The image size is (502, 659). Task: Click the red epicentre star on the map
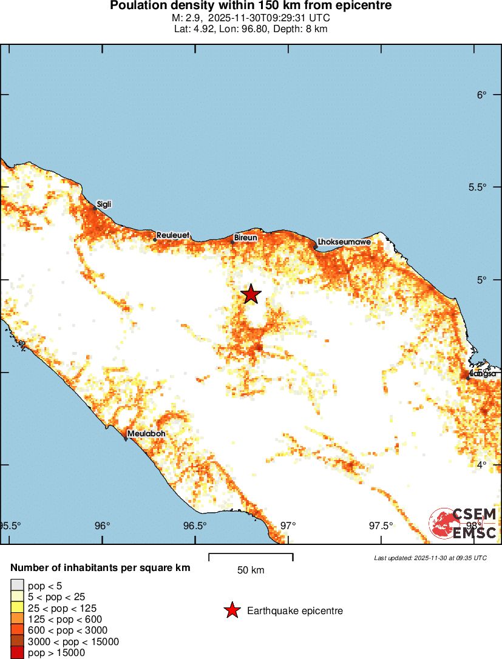(x=251, y=294)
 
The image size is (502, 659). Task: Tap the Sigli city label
(x=104, y=204)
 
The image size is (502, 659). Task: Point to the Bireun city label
(x=245, y=238)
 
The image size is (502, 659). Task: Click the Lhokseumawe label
(x=345, y=242)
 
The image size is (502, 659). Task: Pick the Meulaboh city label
(x=146, y=434)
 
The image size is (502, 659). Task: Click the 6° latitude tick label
(x=482, y=95)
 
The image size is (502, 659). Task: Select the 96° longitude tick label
(x=103, y=526)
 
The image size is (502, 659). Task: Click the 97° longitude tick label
(x=288, y=526)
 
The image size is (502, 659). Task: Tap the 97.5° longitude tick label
(x=381, y=526)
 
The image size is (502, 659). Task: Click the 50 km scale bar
(x=251, y=555)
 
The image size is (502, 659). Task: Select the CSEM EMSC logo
(x=464, y=524)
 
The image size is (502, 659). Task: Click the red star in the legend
(x=231, y=610)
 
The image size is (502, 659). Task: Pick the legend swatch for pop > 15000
(x=17, y=653)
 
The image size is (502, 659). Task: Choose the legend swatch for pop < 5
(x=17, y=585)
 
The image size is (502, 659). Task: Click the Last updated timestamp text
(x=430, y=558)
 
